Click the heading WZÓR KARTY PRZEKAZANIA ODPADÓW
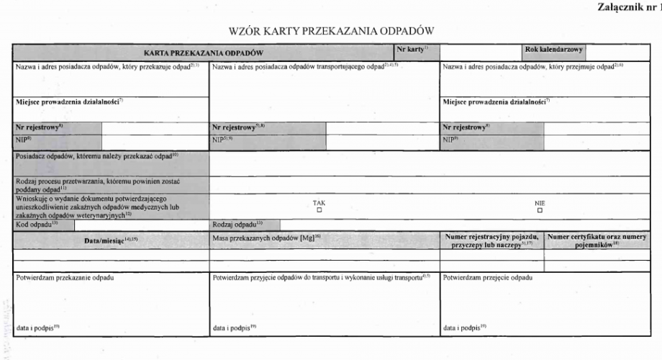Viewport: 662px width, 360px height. tap(331, 31)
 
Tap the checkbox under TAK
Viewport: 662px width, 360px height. tap(319, 210)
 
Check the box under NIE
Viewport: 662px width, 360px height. tap(540, 210)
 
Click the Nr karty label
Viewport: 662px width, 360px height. tap(412, 49)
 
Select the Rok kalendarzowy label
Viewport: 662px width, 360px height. tap(554, 50)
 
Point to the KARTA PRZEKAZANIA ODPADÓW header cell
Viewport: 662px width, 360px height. tap(204, 53)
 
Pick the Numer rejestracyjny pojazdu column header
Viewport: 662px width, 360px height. tap(492, 240)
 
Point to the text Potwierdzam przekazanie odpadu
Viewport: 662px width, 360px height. tap(65, 277)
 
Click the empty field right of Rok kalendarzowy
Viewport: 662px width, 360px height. tap(623, 52)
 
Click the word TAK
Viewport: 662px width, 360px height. tap(319, 202)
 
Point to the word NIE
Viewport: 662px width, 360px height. tap(540, 202)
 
